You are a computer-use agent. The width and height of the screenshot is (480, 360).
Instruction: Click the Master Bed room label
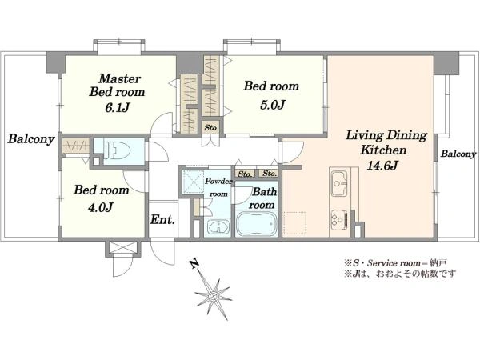click(117, 85)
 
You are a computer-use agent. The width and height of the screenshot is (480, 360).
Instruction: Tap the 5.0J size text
click(273, 106)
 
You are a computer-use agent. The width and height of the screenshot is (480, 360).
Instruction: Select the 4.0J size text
click(101, 208)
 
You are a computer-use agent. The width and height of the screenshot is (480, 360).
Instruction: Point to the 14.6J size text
click(382, 166)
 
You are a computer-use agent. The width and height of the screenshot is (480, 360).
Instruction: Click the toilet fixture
click(117, 150)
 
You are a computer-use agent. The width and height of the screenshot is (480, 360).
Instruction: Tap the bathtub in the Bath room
click(257, 224)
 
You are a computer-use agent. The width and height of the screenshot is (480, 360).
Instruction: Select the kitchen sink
click(338, 183)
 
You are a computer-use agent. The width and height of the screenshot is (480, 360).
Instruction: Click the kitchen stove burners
click(338, 220)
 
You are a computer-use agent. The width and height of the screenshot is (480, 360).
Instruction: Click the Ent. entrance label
click(162, 220)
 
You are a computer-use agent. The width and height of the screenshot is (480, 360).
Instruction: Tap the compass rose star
click(214, 296)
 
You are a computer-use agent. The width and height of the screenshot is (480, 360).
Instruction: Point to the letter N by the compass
click(194, 263)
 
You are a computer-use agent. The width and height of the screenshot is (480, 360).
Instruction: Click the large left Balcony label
click(31, 139)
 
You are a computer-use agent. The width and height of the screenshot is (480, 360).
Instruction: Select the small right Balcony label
click(458, 154)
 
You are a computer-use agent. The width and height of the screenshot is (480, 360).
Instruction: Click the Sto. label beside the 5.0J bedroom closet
click(211, 127)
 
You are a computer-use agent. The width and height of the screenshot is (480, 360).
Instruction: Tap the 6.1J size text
click(118, 108)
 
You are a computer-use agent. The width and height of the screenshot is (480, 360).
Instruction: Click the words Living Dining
click(386, 136)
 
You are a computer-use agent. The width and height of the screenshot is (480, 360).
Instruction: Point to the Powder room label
click(218, 187)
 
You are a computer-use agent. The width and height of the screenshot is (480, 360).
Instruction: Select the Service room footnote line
click(396, 262)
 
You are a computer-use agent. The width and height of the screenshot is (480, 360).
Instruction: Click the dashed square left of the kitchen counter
click(294, 223)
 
